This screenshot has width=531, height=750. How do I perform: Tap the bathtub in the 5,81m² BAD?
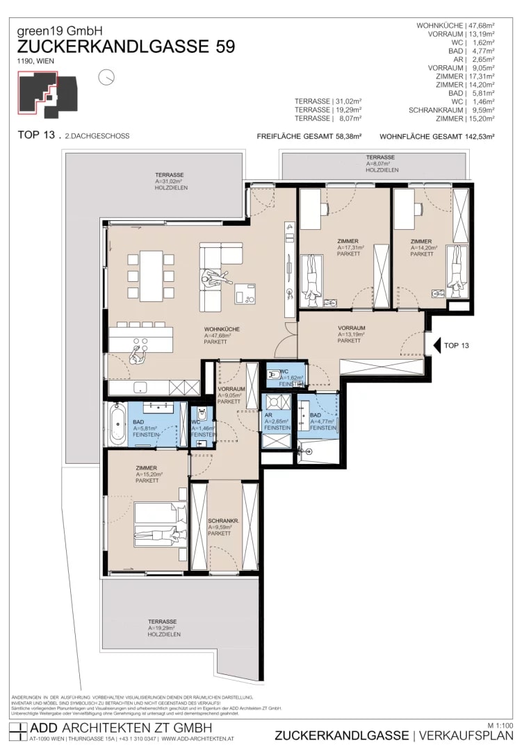click(116, 424)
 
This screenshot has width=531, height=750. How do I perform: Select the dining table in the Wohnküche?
click(151, 275)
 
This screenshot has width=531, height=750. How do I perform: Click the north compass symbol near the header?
click(106, 77)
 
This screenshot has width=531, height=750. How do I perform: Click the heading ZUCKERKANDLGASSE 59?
click(126, 47)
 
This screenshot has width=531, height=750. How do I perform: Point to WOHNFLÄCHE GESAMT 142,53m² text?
click(436, 137)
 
